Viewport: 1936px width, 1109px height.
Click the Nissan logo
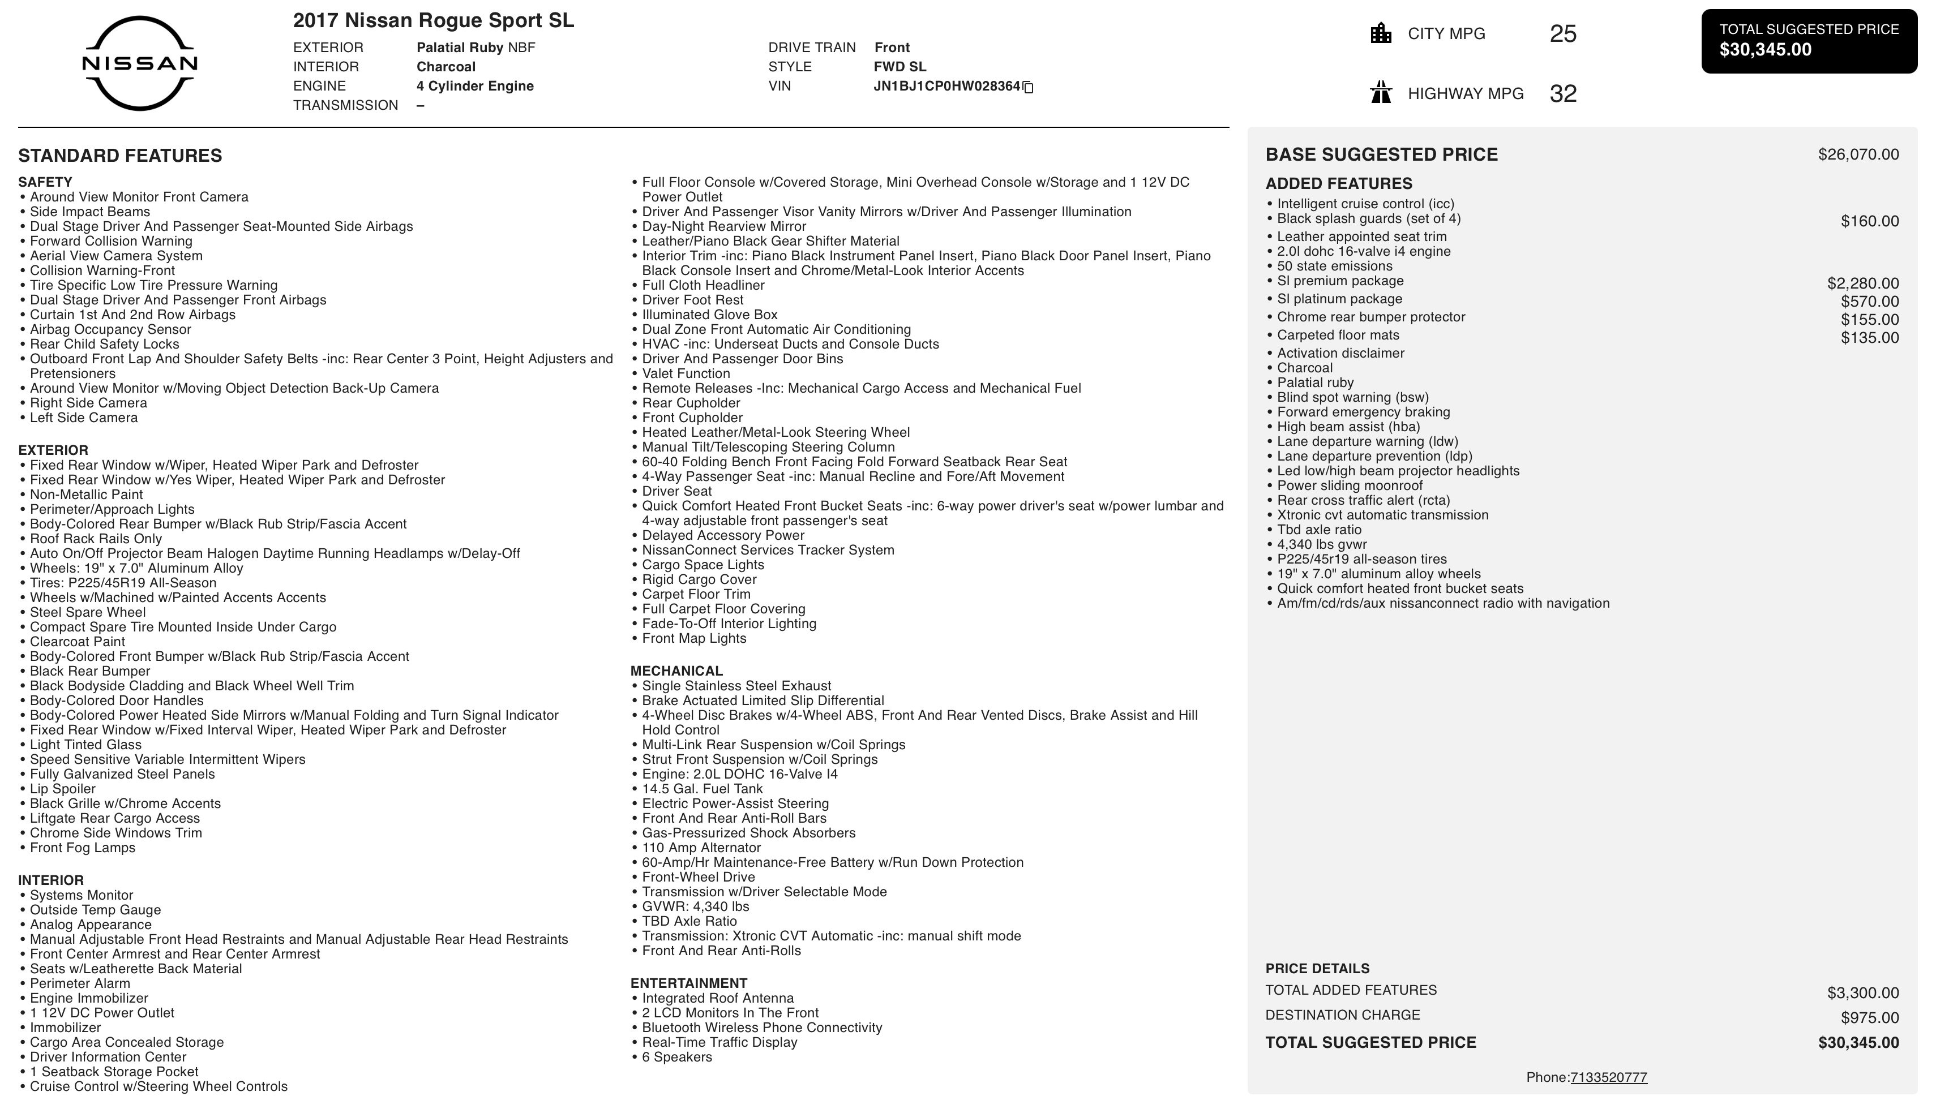coord(139,63)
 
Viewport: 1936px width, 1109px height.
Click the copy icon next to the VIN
coord(1028,87)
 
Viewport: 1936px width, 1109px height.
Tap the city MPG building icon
coord(1381,33)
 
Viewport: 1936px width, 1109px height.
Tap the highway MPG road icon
coord(1381,93)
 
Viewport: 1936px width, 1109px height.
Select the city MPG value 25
coord(1562,33)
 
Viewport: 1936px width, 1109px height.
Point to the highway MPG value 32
coord(1562,94)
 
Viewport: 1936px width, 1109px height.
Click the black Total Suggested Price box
coord(1809,41)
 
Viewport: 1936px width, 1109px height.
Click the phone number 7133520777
coord(1608,1077)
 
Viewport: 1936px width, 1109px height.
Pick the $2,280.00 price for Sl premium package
coord(1862,283)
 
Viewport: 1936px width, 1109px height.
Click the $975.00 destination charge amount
coord(1869,1017)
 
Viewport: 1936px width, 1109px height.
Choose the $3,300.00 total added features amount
coord(1862,992)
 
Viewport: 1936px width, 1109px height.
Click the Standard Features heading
coord(121,156)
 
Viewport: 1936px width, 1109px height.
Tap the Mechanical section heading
coord(676,671)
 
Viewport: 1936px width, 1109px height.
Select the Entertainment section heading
coord(688,983)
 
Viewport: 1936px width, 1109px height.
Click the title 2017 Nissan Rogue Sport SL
coord(434,20)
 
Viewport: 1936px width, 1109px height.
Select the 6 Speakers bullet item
coord(676,1057)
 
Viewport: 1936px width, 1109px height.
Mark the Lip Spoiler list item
coord(62,789)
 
